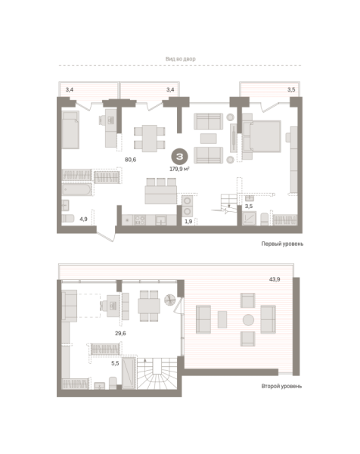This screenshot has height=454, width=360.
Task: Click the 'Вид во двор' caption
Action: click(x=180, y=58)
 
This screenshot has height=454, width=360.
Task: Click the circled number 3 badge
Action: click(x=180, y=157)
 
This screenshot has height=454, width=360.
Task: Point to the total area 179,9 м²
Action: click(x=180, y=169)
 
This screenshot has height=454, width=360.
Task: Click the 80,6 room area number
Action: click(x=130, y=159)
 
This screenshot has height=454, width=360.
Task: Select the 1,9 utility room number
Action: click(x=188, y=221)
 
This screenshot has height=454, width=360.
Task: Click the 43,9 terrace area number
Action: click(x=274, y=280)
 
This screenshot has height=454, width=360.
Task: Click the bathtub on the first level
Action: click(x=76, y=184)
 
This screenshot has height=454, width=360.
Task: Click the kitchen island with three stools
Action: click(x=159, y=191)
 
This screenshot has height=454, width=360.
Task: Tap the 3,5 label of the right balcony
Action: click(x=292, y=91)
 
